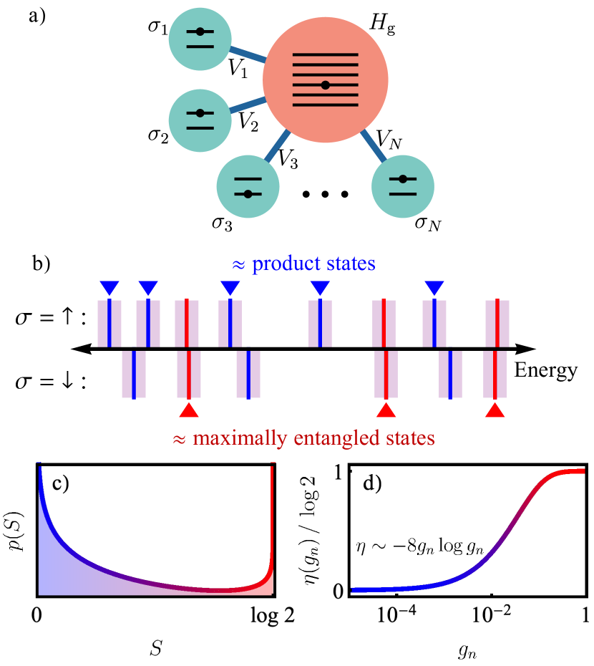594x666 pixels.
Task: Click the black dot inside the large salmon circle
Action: (325, 85)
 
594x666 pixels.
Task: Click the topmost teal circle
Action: (200, 39)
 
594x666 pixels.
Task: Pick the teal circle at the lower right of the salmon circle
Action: (403, 186)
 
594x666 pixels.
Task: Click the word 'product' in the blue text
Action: (286, 264)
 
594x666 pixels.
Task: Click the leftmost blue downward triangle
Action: (109, 287)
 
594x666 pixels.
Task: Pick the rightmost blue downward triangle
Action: (434, 287)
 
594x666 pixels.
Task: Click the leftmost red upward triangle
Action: (188, 410)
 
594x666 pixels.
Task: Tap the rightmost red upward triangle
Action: (495, 410)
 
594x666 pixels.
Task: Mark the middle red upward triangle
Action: (386, 410)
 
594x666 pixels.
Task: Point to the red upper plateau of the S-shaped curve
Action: (573, 471)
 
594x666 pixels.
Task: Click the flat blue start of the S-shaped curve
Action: (379, 589)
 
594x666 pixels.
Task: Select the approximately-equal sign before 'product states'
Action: (239, 265)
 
